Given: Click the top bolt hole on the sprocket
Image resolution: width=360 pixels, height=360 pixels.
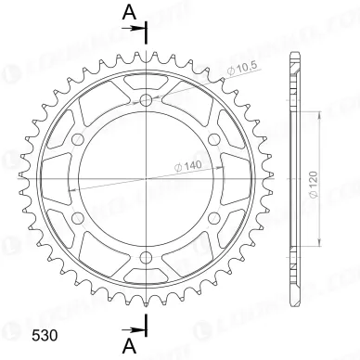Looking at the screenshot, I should coord(146,100).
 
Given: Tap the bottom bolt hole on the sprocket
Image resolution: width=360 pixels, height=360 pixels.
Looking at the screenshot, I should coord(146,259).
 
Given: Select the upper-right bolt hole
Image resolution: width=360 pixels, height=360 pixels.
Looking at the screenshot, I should coord(214,140).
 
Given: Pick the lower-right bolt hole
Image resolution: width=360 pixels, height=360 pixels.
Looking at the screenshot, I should coord(214,219).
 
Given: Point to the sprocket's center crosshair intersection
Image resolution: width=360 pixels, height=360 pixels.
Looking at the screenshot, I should coord(146,179).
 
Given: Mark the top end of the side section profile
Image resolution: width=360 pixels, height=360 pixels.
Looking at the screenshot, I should coord(291,51).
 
